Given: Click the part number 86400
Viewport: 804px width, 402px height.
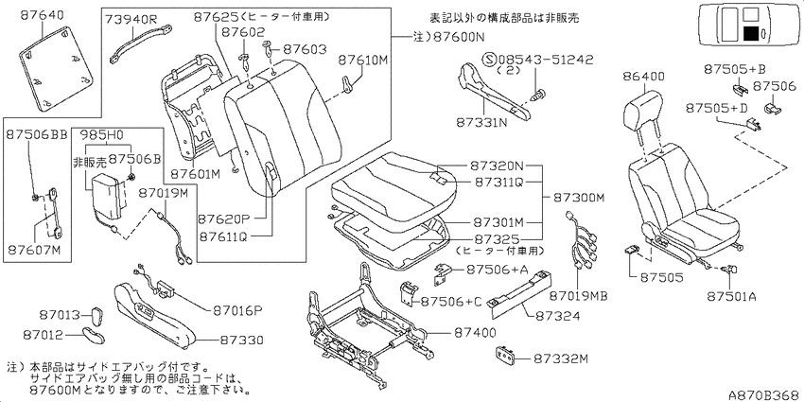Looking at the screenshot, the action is pyautogui.click(x=644, y=77).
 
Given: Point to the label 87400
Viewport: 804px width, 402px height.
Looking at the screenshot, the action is pyautogui.click(x=475, y=333).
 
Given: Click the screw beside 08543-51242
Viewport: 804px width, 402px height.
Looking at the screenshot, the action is pyautogui.click(x=538, y=95).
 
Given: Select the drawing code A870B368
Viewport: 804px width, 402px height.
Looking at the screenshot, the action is pyautogui.click(x=763, y=394).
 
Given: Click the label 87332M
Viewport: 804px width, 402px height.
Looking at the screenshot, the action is pyautogui.click(x=560, y=358).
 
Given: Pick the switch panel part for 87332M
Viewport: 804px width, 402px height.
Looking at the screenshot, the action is pyautogui.click(x=506, y=354).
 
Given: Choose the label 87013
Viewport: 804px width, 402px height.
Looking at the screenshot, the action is pyautogui.click(x=61, y=314).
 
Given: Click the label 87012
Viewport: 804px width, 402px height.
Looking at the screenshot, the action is pyautogui.click(x=43, y=335).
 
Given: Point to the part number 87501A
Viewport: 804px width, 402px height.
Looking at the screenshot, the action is pyautogui.click(x=730, y=296).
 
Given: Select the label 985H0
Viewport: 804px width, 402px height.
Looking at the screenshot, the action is pyautogui.click(x=101, y=136).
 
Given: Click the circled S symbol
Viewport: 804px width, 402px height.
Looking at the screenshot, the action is pyautogui.click(x=488, y=61).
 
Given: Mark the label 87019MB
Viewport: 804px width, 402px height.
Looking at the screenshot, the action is pyautogui.click(x=578, y=296).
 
